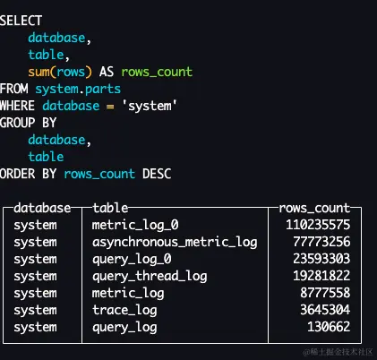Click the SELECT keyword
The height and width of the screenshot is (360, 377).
coord(21,21)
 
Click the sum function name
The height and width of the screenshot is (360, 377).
coord(39,72)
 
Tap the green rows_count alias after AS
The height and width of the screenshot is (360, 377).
coord(157,72)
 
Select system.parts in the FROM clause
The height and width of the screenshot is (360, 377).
coord(78,89)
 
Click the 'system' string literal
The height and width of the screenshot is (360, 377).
coord(150,106)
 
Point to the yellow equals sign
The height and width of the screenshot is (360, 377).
coord(110,107)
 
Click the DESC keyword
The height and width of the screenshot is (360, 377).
coord(157,174)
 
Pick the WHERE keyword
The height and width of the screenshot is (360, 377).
coord(17,106)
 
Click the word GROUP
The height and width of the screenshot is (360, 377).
coord(17,123)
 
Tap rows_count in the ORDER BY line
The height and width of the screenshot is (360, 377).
coord(99,174)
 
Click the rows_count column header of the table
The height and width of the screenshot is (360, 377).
coord(314,208)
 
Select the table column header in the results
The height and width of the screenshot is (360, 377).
coord(110,208)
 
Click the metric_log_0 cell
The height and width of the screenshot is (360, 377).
coord(135,225)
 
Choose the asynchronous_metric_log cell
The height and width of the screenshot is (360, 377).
coord(175,242)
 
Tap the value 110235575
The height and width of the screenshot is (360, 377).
coord(318,225)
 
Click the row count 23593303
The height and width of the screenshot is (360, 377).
coord(321,259)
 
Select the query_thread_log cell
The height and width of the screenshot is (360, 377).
coord(150,276)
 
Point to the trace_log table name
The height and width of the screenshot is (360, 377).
coord(124,310)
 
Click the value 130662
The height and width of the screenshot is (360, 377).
coord(329,327)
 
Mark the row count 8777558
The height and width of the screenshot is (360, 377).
coord(325,293)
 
